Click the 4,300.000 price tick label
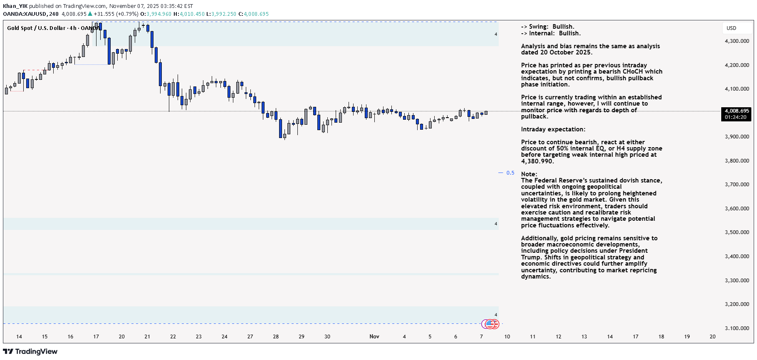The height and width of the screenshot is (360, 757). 737,41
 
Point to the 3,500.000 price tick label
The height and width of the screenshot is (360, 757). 737,232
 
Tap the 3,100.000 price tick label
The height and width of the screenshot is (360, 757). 737,328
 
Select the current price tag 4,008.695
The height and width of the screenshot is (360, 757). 737,111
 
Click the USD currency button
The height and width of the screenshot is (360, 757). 731,28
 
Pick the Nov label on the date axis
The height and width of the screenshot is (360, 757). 374,337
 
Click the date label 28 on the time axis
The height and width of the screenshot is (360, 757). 276,337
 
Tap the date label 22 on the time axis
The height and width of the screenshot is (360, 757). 173,337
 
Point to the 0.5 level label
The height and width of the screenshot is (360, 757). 510,173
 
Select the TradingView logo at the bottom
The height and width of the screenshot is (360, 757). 30,352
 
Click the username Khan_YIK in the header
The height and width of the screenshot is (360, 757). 15,6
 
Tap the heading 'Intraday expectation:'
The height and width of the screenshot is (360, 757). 553,129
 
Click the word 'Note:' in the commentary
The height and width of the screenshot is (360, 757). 529,174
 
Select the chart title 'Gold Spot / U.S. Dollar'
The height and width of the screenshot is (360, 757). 36,28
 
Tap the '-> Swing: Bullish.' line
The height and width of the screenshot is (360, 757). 547,27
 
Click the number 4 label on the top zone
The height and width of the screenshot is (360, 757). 496,35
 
